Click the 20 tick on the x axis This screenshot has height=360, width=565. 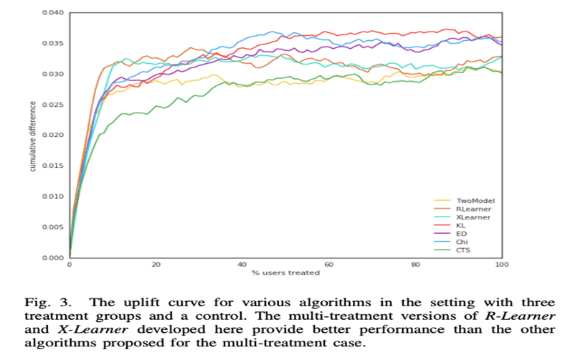coord(156,265)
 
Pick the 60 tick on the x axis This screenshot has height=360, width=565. coord(329,265)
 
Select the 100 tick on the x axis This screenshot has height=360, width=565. coord(502,265)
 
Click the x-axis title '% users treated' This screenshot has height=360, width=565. coord(285,274)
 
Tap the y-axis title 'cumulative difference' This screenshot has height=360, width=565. coord(33,136)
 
